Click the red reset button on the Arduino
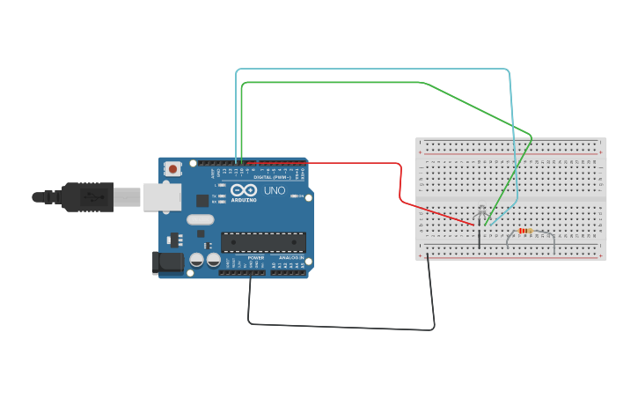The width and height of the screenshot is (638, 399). pyautogui.click(x=173, y=168)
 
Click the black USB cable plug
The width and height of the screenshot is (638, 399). pyautogui.click(x=88, y=196)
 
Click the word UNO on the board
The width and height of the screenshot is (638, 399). pyautogui.click(x=275, y=190)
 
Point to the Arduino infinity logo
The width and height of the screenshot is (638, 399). pyautogui.click(x=244, y=189)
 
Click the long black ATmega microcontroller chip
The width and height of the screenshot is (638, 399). pyautogui.click(x=263, y=242)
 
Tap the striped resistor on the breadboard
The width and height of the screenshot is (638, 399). pyautogui.click(x=526, y=231)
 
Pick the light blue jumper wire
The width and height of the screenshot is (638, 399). pyautogui.click(x=370, y=69)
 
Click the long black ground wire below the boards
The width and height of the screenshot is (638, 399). pyautogui.click(x=343, y=327)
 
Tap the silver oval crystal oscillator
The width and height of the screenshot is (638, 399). pyautogui.click(x=200, y=219)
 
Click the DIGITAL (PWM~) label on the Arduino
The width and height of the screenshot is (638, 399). pyautogui.click(x=272, y=177)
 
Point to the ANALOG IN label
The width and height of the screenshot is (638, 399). pyautogui.click(x=290, y=258)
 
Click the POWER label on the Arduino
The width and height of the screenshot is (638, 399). pyautogui.click(x=255, y=258)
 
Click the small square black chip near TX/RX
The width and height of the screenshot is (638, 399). pyautogui.click(x=202, y=200)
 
